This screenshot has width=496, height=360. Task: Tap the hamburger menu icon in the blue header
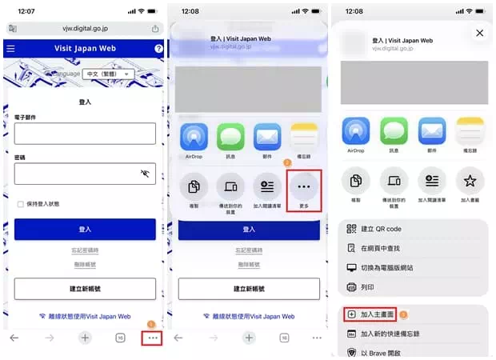point(10,49)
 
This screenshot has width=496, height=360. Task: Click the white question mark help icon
point(158,49)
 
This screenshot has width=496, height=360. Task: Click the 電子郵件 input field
point(84,134)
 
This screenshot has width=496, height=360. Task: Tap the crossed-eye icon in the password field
point(145,173)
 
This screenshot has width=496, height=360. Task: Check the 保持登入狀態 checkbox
point(21,204)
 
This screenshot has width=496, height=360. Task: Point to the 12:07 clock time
point(26,11)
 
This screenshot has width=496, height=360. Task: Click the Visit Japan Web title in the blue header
point(85,49)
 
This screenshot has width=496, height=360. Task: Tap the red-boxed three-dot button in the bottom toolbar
point(154,338)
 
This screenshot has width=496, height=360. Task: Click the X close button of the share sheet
point(479,33)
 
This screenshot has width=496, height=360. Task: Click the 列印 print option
point(369,286)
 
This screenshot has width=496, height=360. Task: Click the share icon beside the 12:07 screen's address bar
point(154,28)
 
